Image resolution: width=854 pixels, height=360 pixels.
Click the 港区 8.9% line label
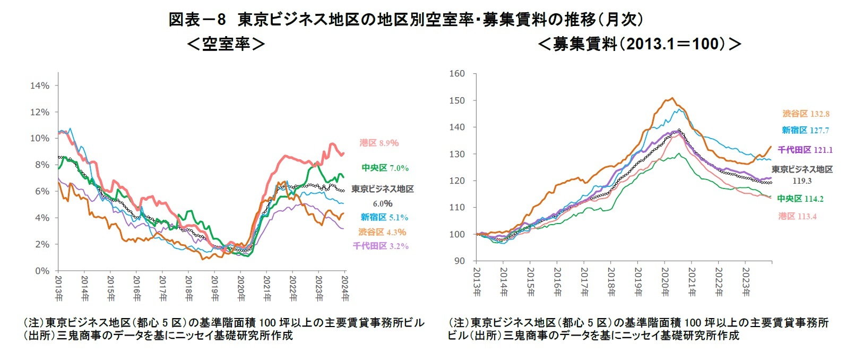tap(379, 143)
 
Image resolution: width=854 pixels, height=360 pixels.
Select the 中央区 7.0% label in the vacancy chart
tap(385, 168)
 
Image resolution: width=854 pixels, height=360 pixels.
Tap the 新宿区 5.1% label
tap(384, 217)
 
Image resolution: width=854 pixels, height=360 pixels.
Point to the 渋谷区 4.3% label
tap(382, 232)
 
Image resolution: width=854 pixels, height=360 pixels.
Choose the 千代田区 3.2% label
tap(381, 246)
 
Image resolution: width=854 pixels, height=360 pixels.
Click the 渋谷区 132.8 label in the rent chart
tap(806, 114)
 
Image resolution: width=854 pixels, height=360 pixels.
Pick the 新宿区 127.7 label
tap(805, 130)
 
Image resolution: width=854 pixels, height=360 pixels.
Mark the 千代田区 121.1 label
tap(805, 150)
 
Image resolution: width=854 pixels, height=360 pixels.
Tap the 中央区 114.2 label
tap(800, 199)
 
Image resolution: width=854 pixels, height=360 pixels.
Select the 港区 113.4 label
tap(797, 216)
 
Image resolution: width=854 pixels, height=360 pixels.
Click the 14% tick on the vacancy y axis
tap(40, 85)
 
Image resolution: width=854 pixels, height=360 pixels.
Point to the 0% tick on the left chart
tap(42, 271)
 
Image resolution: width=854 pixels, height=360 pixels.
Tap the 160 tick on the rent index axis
tap(457, 73)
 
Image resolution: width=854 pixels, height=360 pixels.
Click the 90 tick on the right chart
tap(459, 261)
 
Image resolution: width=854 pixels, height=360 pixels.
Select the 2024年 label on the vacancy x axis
tap(345, 288)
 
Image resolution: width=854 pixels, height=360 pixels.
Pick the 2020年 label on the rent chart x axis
tap(665, 282)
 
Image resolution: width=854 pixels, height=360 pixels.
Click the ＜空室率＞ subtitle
tap(226, 44)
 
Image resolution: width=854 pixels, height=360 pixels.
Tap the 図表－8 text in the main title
tap(197, 20)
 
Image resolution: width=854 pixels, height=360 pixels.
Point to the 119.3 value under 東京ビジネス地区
tap(801, 181)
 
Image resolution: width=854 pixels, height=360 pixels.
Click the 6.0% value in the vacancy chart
tap(382, 203)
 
